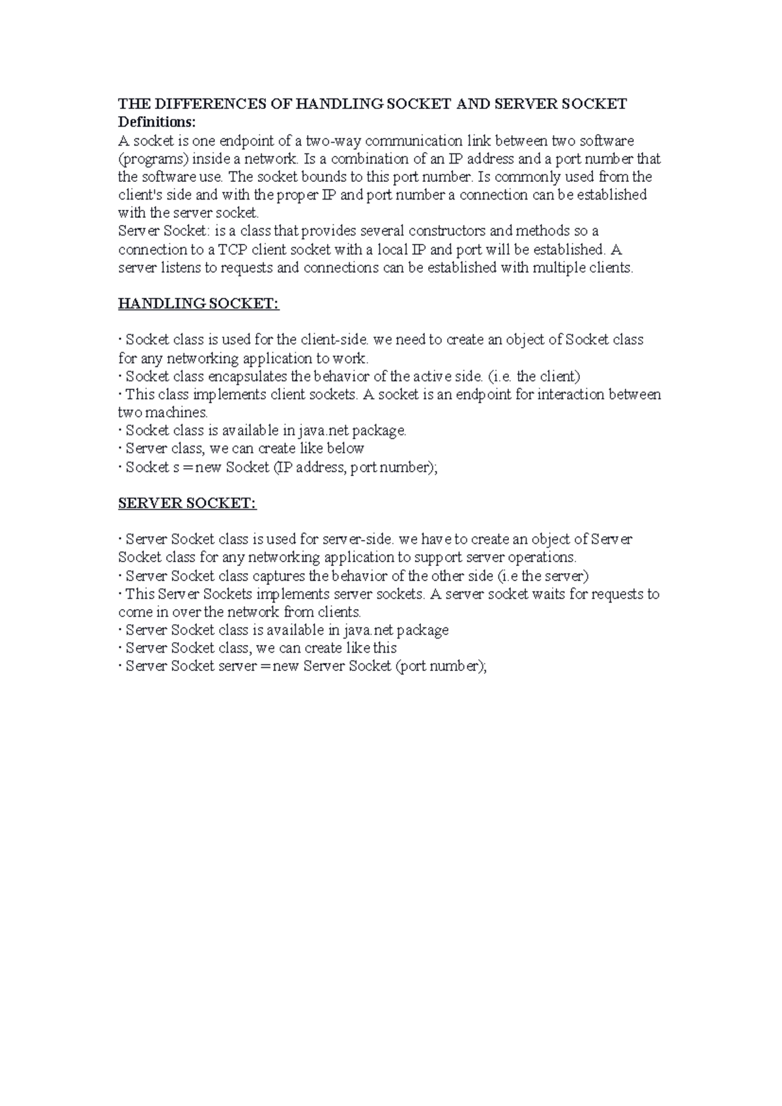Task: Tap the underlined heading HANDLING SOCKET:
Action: click(x=198, y=303)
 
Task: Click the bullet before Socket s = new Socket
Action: click(x=121, y=467)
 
